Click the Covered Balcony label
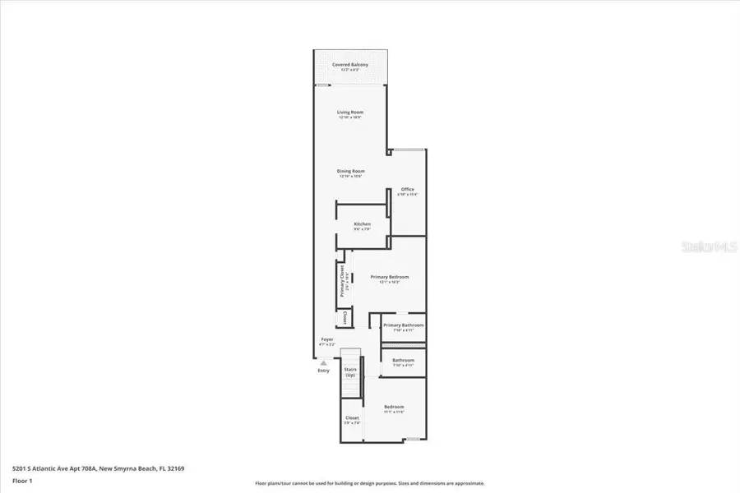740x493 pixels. (x=349, y=65)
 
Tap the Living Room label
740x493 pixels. (x=350, y=113)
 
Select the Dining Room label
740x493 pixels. (x=350, y=172)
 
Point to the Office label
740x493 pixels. (x=408, y=190)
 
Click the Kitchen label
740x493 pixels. (x=362, y=224)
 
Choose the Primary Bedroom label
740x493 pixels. (x=389, y=278)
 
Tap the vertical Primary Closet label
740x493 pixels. (x=341, y=281)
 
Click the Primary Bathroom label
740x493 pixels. (x=403, y=326)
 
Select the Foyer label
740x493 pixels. (x=327, y=339)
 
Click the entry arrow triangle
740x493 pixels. (x=323, y=362)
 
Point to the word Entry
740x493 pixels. (x=323, y=371)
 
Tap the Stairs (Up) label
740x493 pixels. (x=350, y=371)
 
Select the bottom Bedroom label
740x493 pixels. (x=394, y=408)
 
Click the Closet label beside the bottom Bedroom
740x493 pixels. (x=352, y=418)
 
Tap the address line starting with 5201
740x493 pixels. (x=98, y=468)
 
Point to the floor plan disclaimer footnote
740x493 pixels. (x=369, y=483)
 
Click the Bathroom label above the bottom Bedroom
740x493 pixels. (x=403, y=361)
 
